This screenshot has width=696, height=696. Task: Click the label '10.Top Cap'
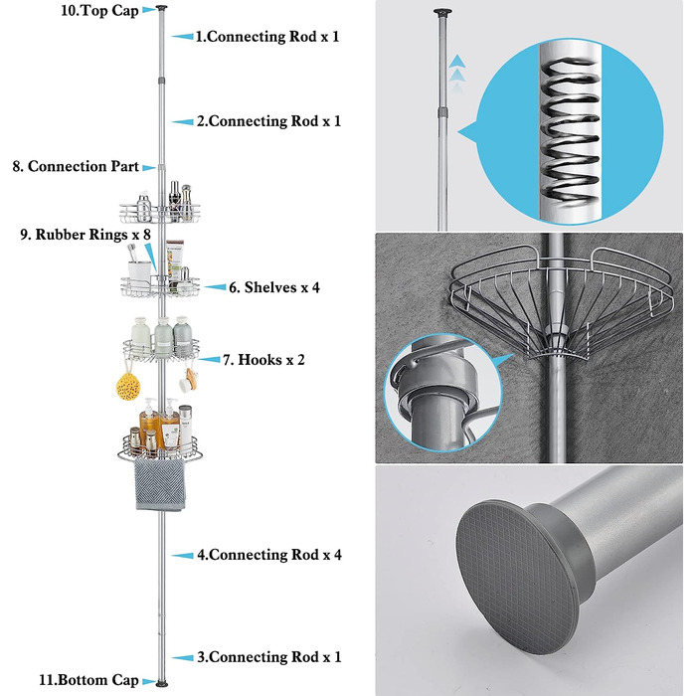99,11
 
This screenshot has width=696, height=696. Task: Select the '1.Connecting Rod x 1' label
267,37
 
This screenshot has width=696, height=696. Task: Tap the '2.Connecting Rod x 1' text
269,121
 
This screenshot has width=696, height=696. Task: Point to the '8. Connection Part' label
76,166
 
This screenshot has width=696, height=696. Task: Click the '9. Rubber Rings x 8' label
86,235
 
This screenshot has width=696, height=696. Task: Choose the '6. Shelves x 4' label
274,287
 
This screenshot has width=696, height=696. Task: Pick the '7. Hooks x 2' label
263,360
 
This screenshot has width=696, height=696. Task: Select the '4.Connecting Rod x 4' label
269,555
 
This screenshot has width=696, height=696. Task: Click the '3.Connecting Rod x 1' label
269,657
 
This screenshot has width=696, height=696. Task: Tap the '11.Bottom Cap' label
88,680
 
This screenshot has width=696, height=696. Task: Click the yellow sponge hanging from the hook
128,386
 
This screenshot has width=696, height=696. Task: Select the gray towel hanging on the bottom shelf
160,485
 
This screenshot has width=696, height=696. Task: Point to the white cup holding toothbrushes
139,270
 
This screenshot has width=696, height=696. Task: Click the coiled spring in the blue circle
571,132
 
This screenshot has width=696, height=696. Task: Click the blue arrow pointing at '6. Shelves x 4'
216,287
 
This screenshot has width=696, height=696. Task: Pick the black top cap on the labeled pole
161,8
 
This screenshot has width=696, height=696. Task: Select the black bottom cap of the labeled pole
162,684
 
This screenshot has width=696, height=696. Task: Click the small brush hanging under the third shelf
190,381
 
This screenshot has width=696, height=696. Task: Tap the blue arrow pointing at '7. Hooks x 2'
209,360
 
